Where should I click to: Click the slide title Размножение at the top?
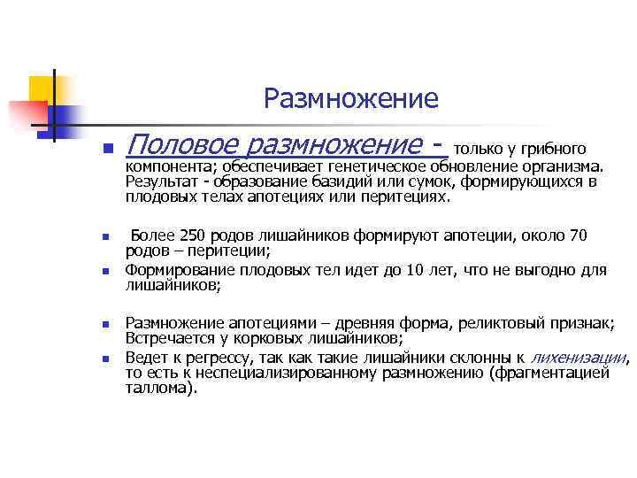[350, 99]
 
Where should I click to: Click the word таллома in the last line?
[156, 388]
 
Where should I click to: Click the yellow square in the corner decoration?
[41, 89]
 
